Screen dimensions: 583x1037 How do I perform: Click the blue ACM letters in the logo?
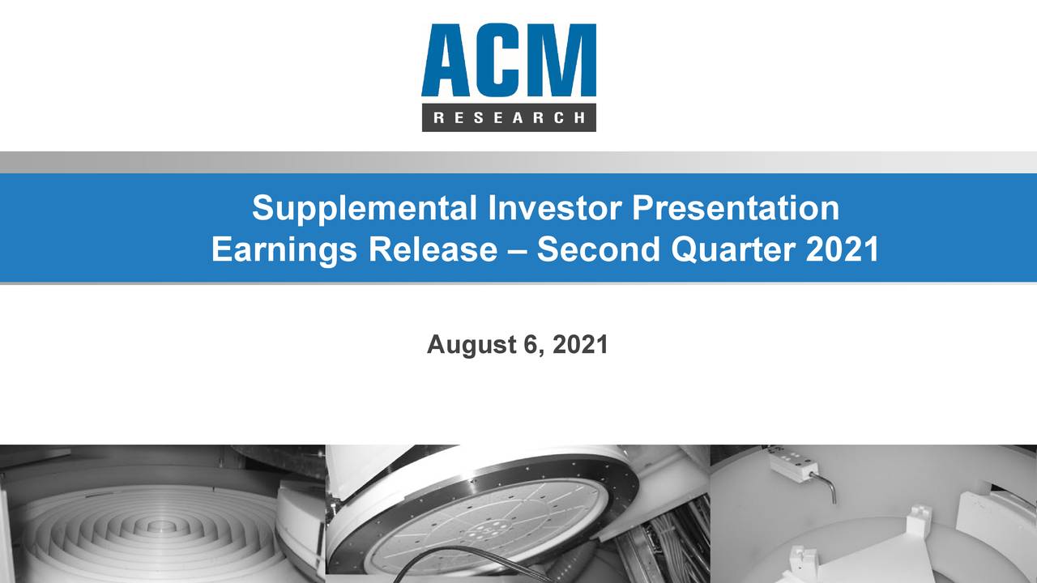(x=508, y=61)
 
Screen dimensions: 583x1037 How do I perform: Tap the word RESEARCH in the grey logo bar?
(x=509, y=117)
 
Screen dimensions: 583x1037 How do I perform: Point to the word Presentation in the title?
(x=735, y=208)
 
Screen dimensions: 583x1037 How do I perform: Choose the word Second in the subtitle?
(x=599, y=249)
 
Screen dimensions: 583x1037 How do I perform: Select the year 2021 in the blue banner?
(x=843, y=249)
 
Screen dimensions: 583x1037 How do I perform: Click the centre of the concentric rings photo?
(x=162, y=527)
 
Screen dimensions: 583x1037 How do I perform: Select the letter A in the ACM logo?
(x=448, y=61)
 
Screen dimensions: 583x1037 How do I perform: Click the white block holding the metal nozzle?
(x=794, y=463)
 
